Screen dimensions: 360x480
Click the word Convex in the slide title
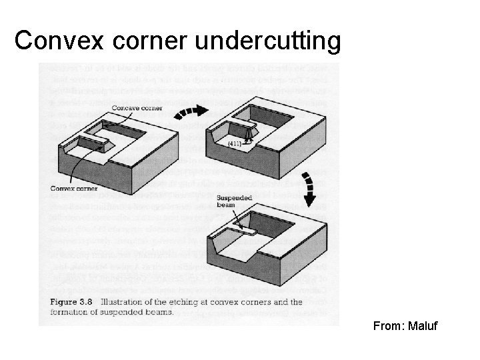click(54, 41)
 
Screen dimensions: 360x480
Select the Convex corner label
click(74, 188)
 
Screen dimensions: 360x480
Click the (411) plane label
click(234, 143)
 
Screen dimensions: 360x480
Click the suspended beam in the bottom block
click(247, 232)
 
